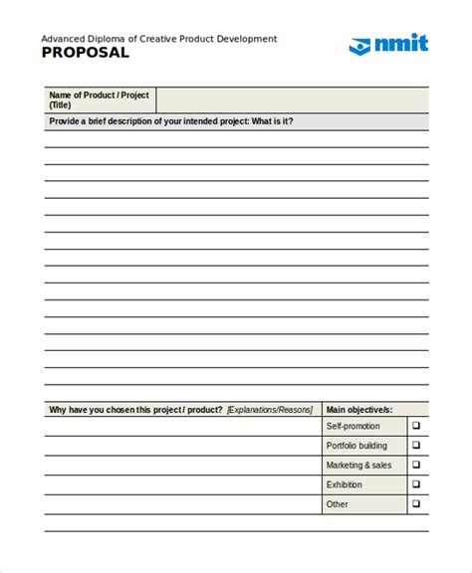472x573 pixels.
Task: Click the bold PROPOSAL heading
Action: click(x=86, y=54)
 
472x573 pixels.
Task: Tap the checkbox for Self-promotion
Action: click(x=417, y=426)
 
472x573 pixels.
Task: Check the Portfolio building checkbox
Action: click(x=417, y=446)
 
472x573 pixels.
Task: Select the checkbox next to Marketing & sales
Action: click(x=417, y=465)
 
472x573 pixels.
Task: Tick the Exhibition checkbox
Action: click(x=417, y=484)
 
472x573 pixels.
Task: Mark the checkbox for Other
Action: click(x=417, y=504)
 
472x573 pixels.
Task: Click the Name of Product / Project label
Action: click(x=99, y=95)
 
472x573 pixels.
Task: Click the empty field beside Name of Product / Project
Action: click(x=293, y=99)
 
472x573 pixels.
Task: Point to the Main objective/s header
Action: click(x=359, y=409)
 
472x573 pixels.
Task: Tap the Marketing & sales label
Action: click(x=358, y=465)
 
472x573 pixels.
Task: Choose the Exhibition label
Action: click(x=346, y=484)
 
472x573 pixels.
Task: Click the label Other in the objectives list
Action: click(x=338, y=504)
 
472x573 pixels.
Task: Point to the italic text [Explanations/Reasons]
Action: click(x=269, y=409)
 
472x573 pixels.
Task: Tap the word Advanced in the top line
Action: click(x=62, y=39)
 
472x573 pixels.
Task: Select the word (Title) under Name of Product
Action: click(x=60, y=104)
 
